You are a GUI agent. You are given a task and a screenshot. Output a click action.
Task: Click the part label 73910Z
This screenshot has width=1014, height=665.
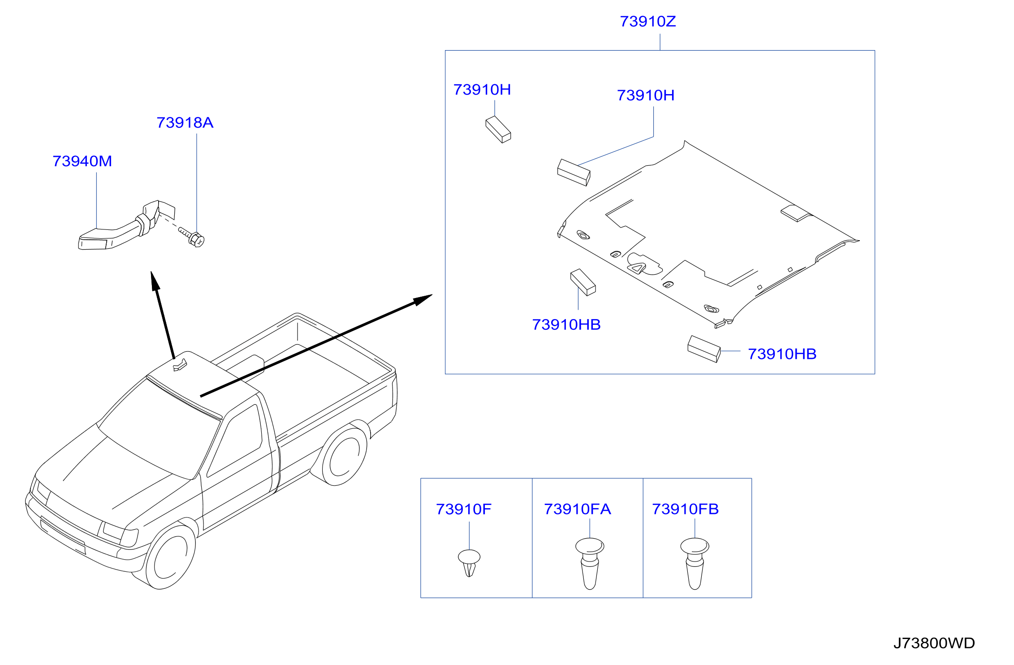click(647, 22)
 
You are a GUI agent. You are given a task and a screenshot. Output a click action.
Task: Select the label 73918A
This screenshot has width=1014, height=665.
click(185, 123)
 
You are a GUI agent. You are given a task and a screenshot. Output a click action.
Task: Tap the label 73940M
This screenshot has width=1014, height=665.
click(82, 161)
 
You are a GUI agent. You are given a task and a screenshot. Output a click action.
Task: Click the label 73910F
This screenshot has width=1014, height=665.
click(463, 509)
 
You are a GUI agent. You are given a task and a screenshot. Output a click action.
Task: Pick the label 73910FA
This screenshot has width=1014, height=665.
click(577, 509)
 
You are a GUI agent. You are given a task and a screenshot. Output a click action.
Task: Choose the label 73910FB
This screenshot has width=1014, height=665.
click(685, 509)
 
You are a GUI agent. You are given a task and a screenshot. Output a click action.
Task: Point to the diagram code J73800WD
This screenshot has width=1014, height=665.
click(934, 643)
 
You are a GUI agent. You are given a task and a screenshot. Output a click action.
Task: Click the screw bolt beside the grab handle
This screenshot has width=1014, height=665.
click(192, 237)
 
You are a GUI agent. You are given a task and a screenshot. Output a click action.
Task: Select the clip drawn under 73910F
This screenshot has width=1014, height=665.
click(469, 563)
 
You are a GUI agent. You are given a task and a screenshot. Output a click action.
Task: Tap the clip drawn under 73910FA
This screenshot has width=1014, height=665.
click(590, 563)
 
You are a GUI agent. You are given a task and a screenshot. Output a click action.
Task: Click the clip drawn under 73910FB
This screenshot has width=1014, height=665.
click(695, 563)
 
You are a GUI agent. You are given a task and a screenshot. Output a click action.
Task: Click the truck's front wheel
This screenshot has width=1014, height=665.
click(170, 557)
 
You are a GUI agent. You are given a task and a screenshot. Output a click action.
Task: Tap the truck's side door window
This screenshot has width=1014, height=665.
click(235, 441)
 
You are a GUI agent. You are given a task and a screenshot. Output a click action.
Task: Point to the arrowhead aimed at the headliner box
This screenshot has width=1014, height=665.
click(423, 300)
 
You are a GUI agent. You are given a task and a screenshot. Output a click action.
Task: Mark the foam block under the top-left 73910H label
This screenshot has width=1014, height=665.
click(498, 130)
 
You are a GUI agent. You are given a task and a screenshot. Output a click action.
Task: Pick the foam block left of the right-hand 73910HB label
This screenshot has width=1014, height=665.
click(704, 349)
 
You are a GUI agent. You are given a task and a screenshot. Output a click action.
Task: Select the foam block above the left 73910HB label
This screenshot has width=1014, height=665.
click(583, 282)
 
